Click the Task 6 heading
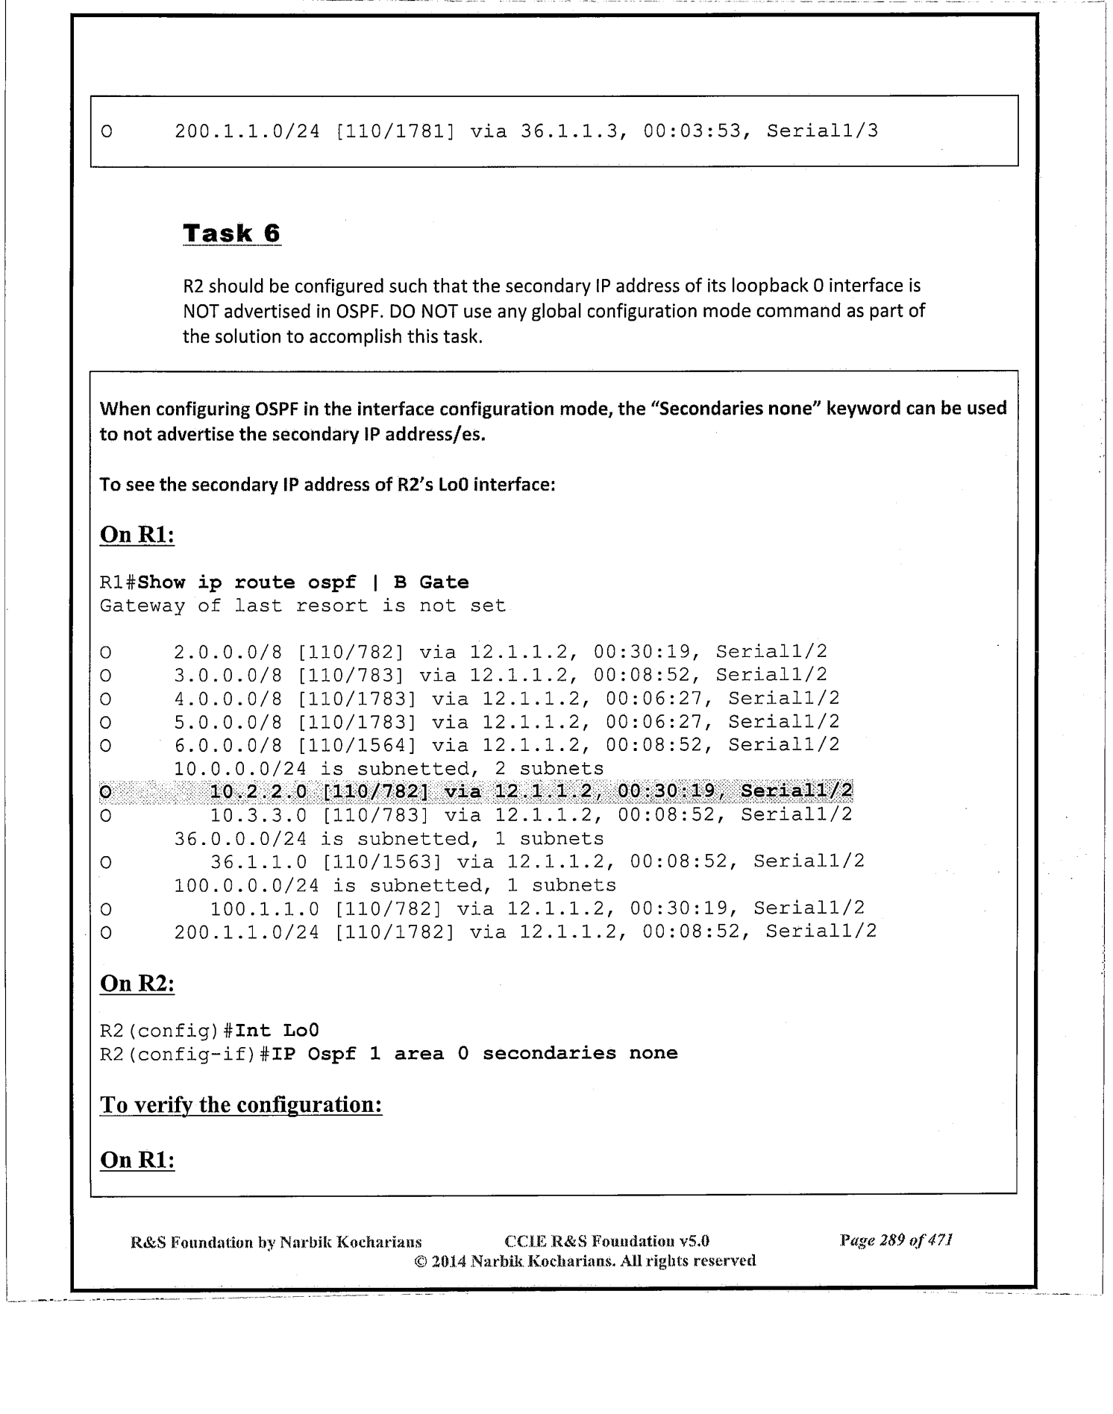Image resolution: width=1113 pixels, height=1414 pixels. coord(231,233)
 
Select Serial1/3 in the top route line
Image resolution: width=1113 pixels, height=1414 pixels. coord(822,132)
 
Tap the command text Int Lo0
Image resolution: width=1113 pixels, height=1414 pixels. coord(277,1031)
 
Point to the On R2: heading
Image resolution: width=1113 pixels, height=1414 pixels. coord(137,984)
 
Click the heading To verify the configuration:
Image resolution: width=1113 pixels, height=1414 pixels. coord(241,1104)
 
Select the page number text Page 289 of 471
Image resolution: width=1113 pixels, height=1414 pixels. coord(897,1241)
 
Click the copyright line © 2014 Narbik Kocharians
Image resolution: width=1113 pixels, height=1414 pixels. coord(584,1261)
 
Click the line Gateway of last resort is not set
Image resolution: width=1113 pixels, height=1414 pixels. coord(303,606)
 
